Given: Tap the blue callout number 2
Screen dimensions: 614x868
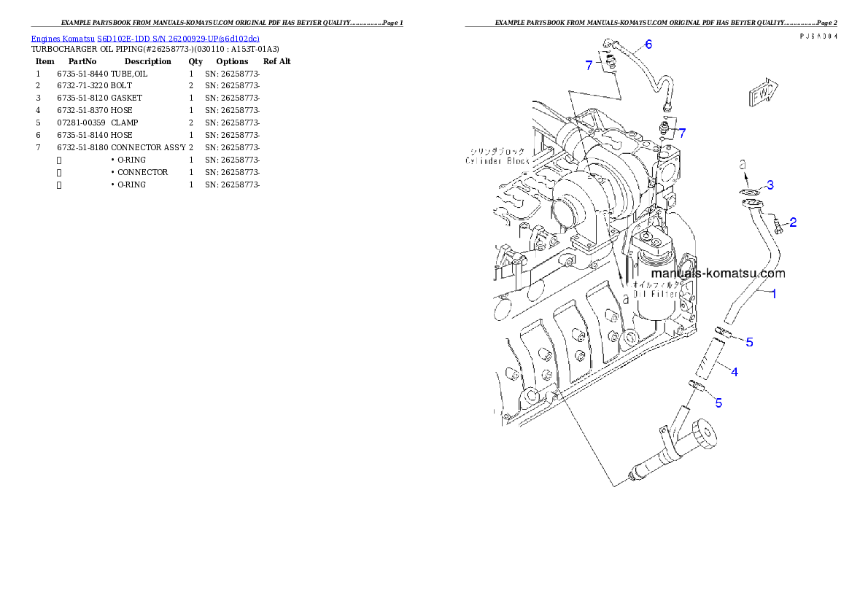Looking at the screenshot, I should tap(793, 221).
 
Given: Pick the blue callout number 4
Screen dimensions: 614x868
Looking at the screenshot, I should tap(734, 372).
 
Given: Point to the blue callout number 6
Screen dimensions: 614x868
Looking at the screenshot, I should tap(648, 44).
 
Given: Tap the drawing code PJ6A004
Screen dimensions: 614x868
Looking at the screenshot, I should tap(818, 36).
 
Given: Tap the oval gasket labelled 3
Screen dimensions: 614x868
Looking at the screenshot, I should tap(746, 193).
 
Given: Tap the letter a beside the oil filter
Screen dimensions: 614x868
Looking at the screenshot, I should tap(625, 297).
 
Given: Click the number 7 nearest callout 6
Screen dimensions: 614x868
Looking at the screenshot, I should tap(589, 65).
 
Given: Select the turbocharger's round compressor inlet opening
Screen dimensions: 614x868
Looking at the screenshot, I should tap(569, 212).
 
